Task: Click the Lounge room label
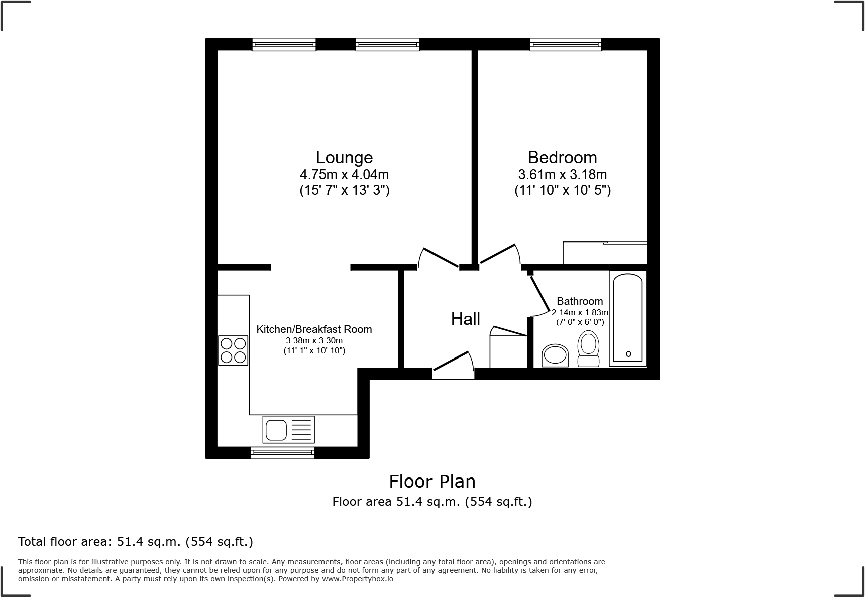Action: tap(344, 157)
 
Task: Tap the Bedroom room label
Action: tap(562, 157)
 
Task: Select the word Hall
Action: tap(465, 319)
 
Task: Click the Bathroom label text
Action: tap(580, 301)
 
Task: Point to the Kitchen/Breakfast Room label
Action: tap(314, 329)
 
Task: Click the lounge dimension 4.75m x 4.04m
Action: tap(344, 175)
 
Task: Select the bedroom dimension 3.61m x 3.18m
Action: tap(562, 175)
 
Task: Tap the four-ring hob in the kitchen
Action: tap(233, 350)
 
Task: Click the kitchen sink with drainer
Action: tap(288, 429)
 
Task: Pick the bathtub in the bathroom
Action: tap(628, 318)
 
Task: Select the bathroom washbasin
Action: tap(555, 355)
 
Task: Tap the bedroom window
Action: tap(566, 45)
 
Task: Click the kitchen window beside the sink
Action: tap(283, 453)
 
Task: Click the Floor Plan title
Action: tap(432, 482)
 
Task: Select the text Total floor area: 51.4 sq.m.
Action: tap(135, 542)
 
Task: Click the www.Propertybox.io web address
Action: tap(358, 579)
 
